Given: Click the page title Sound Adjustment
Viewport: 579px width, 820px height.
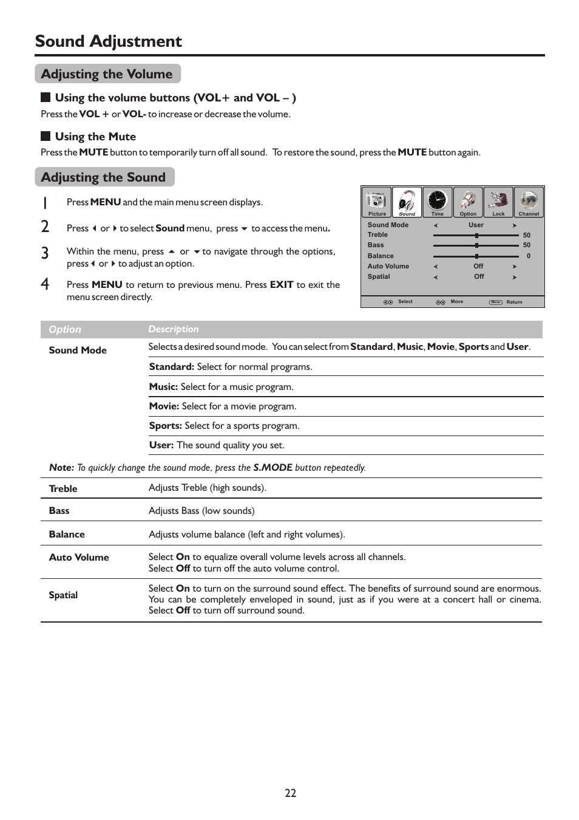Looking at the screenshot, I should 108,41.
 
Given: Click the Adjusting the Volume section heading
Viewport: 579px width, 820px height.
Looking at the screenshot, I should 107,74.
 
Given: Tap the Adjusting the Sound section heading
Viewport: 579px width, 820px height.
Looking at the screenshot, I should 103,177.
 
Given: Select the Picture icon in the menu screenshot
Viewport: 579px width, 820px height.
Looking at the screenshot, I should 377,201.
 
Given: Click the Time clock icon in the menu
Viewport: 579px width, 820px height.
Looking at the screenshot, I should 437,200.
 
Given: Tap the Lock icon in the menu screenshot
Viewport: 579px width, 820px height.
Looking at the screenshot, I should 498,200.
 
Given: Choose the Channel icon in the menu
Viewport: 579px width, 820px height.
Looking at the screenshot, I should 529,200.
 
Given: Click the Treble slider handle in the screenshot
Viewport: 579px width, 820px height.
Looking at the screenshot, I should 477,235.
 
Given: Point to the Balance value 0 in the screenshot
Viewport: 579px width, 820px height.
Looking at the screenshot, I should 528,256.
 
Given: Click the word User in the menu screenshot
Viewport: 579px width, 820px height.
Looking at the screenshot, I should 476,225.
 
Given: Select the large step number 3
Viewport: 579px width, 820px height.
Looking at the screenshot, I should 45,253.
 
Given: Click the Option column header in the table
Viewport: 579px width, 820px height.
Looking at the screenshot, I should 64,329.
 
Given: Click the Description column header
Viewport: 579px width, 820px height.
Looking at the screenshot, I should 174,329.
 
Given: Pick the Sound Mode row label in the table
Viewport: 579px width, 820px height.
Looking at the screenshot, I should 78,350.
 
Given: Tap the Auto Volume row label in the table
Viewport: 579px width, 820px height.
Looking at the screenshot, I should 79,558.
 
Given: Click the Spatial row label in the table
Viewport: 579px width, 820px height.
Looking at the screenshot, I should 63,595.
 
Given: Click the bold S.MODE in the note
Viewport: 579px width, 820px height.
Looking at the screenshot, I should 273,468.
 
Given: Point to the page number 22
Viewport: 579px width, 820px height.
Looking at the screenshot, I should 290,793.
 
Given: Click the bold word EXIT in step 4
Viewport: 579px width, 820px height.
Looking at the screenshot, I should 282,284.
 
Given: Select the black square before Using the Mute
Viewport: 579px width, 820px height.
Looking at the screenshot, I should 46,136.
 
